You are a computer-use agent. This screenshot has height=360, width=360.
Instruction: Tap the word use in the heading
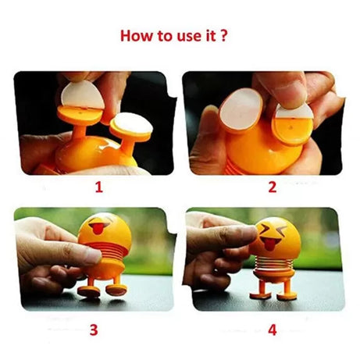pos(184,36)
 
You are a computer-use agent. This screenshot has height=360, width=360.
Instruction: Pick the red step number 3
pos(94,330)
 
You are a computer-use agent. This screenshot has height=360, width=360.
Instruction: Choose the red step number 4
pos(273,330)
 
